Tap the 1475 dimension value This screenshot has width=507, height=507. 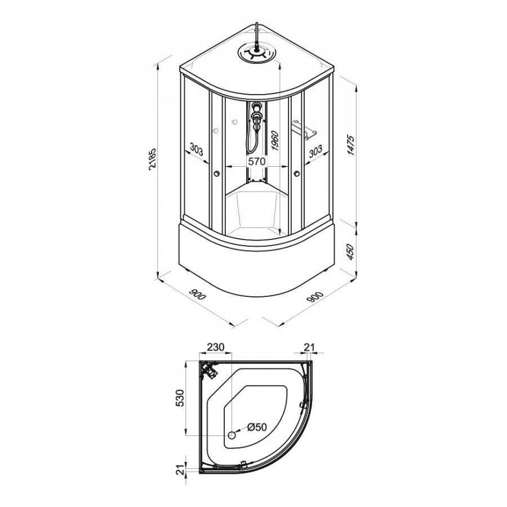[351, 145]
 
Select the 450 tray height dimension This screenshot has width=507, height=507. [351, 252]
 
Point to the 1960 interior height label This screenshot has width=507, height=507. [274, 140]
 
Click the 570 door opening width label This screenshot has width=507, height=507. [257, 161]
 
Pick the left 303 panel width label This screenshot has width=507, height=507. [196, 150]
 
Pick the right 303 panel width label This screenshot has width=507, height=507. [315, 150]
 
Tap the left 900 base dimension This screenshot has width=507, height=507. [197, 295]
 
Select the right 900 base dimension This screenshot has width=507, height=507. [315, 297]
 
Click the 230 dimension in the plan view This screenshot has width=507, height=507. [215, 347]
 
